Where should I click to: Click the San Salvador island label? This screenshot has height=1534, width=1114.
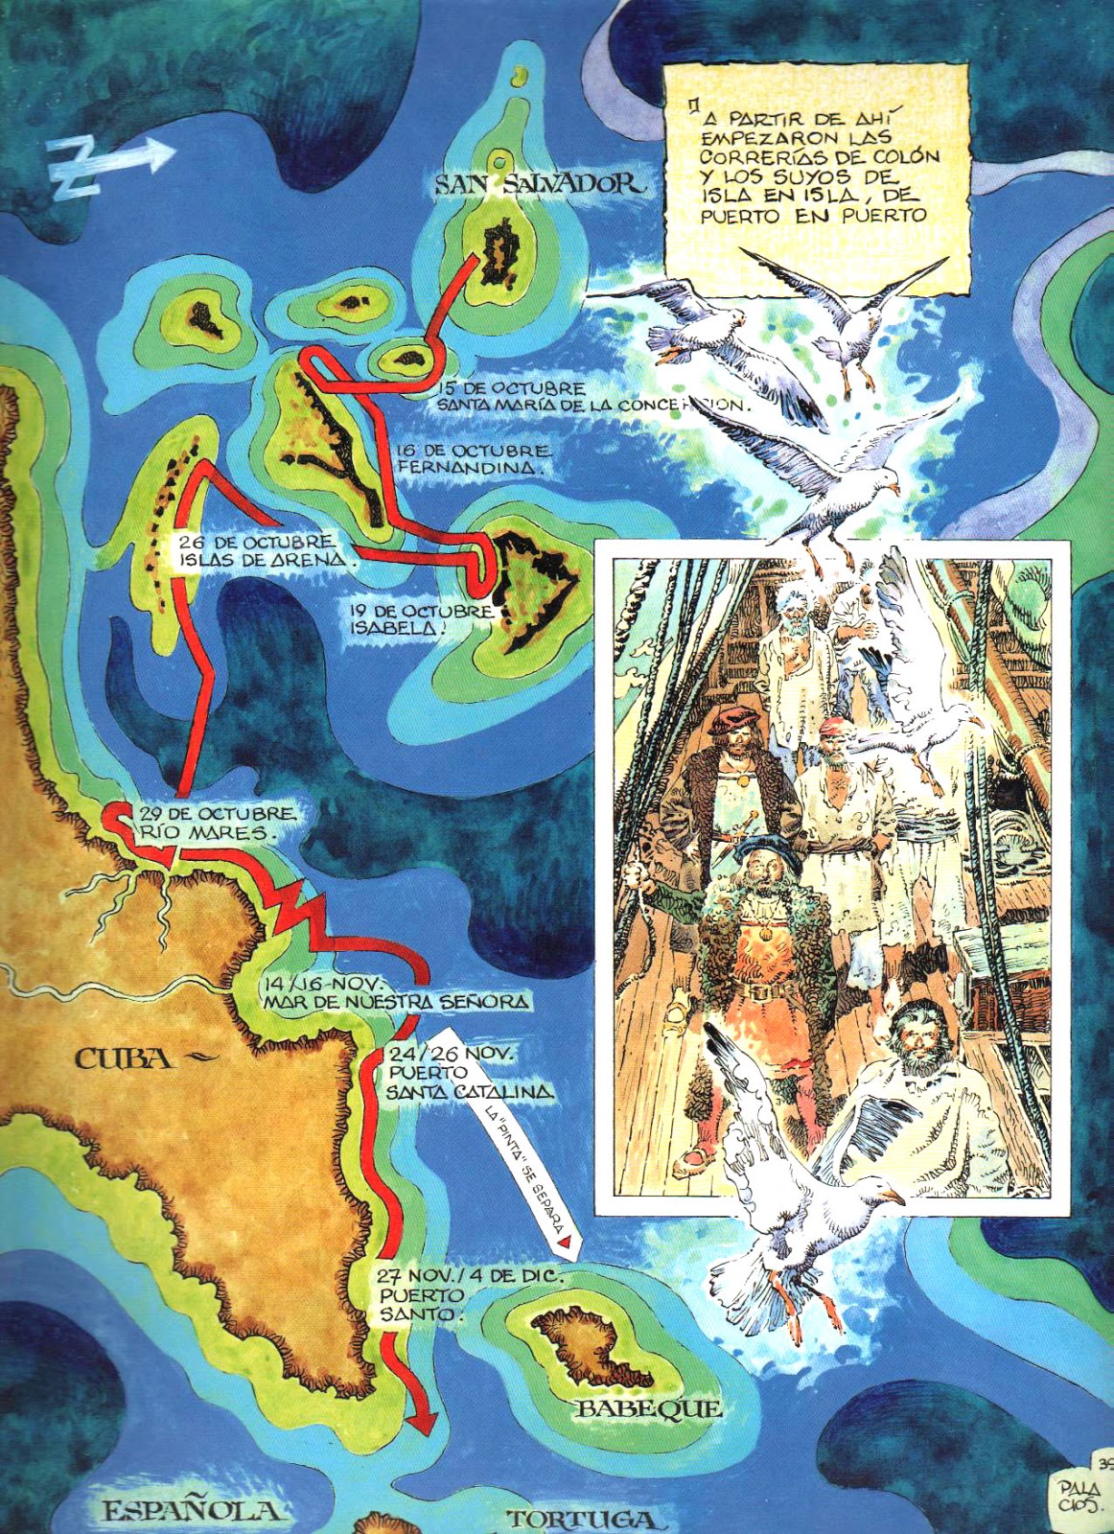click(x=540, y=183)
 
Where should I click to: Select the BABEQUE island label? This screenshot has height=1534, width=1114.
click(x=648, y=1407)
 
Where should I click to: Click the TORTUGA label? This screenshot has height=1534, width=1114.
click(x=583, y=1519)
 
